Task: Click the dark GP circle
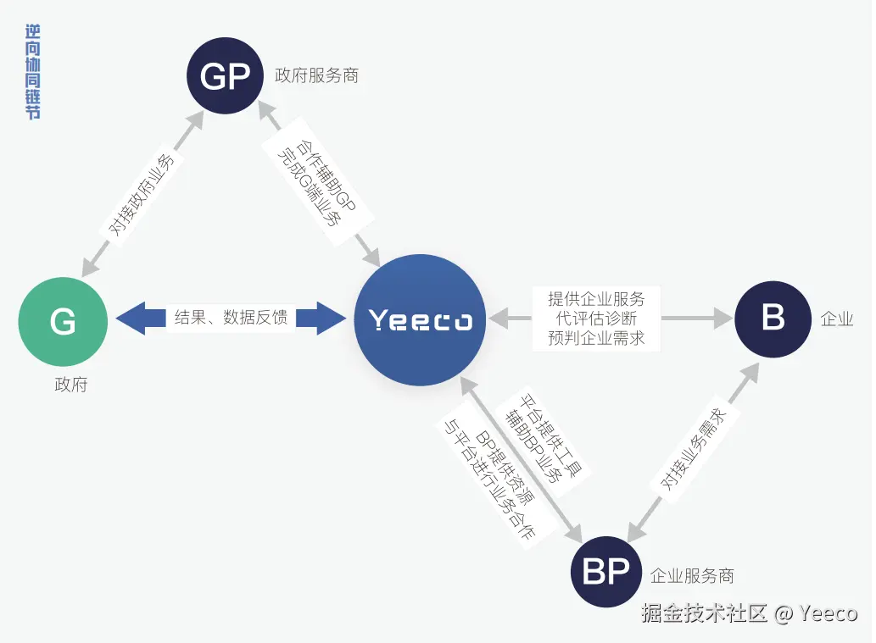(x=225, y=77)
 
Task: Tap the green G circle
(x=63, y=321)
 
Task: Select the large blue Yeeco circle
(x=420, y=320)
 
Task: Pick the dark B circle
(x=773, y=319)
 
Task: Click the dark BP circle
(x=605, y=571)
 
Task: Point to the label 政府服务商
(x=316, y=75)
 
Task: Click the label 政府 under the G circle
(x=71, y=385)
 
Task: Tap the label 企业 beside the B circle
(x=836, y=319)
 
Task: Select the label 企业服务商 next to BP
(x=691, y=576)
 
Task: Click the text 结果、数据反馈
(x=231, y=318)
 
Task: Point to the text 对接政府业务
(x=142, y=196)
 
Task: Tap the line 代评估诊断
(x=597, y=319)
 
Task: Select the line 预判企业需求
(x=597, y=338)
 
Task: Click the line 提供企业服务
(x=597, y=299)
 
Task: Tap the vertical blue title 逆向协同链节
(x=33, y=72)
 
